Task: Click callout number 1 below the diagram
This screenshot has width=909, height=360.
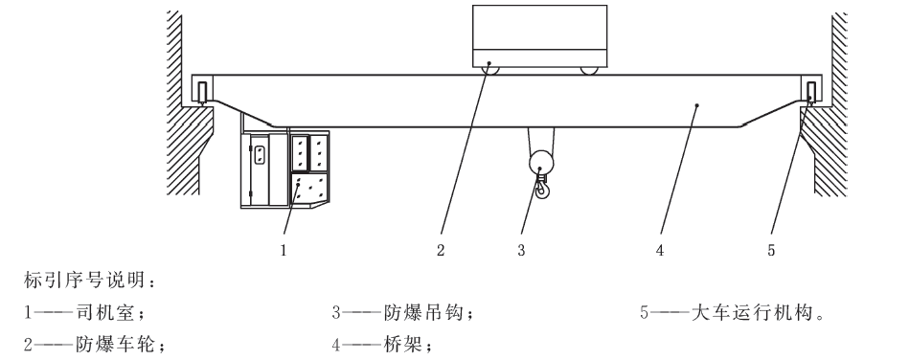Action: coord(284,251)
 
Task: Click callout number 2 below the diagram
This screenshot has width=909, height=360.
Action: coord(441,251)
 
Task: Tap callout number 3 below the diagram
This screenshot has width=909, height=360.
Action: coord(521,251)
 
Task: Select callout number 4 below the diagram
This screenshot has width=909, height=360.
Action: coord(660,251)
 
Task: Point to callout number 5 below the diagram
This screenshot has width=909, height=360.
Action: coord(771,251)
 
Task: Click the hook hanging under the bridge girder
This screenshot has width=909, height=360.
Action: coord(542,188)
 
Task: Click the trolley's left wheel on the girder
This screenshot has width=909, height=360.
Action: coord(489,70)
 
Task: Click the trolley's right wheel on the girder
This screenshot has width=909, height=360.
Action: coord(590,70)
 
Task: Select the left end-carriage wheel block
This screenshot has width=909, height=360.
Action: coord(202,92)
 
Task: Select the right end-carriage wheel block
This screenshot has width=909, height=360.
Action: coord(811,92)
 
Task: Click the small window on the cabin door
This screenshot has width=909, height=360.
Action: coord(260,153)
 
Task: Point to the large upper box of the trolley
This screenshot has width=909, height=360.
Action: coord(539,27)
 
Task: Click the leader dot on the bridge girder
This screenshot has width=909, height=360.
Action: coord(696,105)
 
